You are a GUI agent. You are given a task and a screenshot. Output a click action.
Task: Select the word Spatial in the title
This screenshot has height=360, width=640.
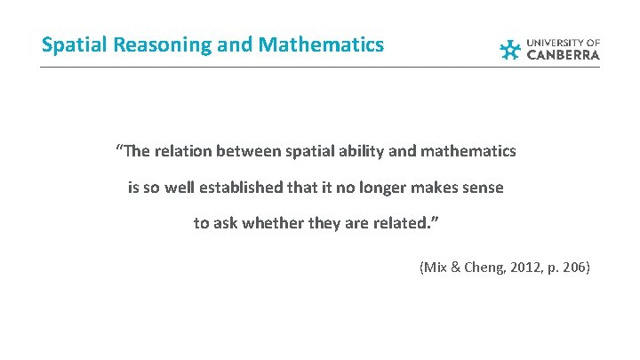pos(70,44)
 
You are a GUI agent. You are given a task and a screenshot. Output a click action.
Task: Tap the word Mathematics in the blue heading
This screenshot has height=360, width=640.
pos(321,44)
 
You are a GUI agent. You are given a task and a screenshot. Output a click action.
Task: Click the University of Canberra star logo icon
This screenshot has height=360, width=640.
pos(510,50)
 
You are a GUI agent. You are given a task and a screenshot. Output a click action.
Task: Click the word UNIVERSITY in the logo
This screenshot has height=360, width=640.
pos(556,42)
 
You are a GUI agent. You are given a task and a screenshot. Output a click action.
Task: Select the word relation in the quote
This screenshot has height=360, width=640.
pos(182,151)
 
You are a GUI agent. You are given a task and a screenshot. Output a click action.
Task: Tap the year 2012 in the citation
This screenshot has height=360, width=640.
pos(520,266)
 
